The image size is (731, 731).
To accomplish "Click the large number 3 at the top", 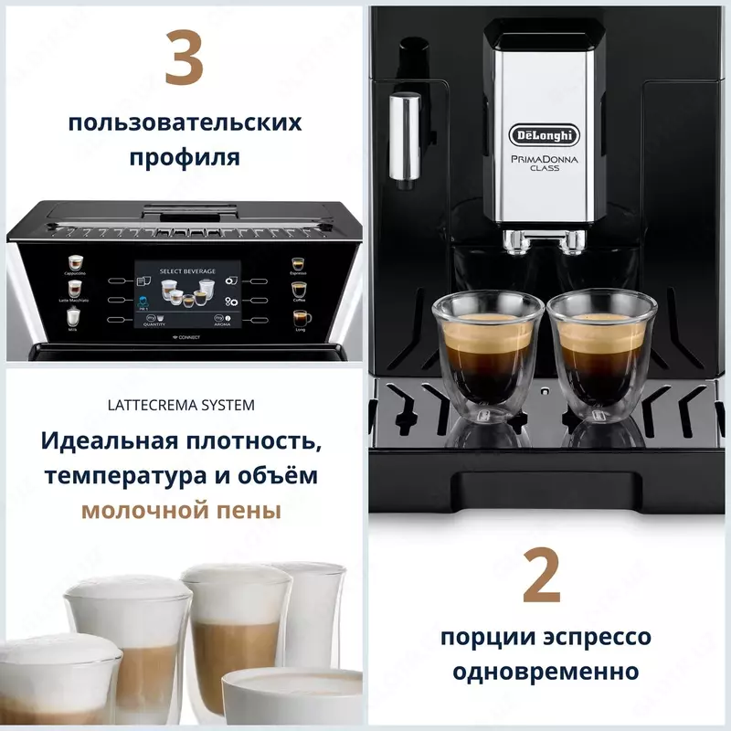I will coord(184,59).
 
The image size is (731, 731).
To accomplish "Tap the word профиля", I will coord(185,157).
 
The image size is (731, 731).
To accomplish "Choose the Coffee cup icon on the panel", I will coord(299,291).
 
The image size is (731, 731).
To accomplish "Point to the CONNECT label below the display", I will coord(186,337).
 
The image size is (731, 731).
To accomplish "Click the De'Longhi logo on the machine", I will coord(544,136).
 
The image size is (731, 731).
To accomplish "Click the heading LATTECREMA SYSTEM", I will coord(184,404).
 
